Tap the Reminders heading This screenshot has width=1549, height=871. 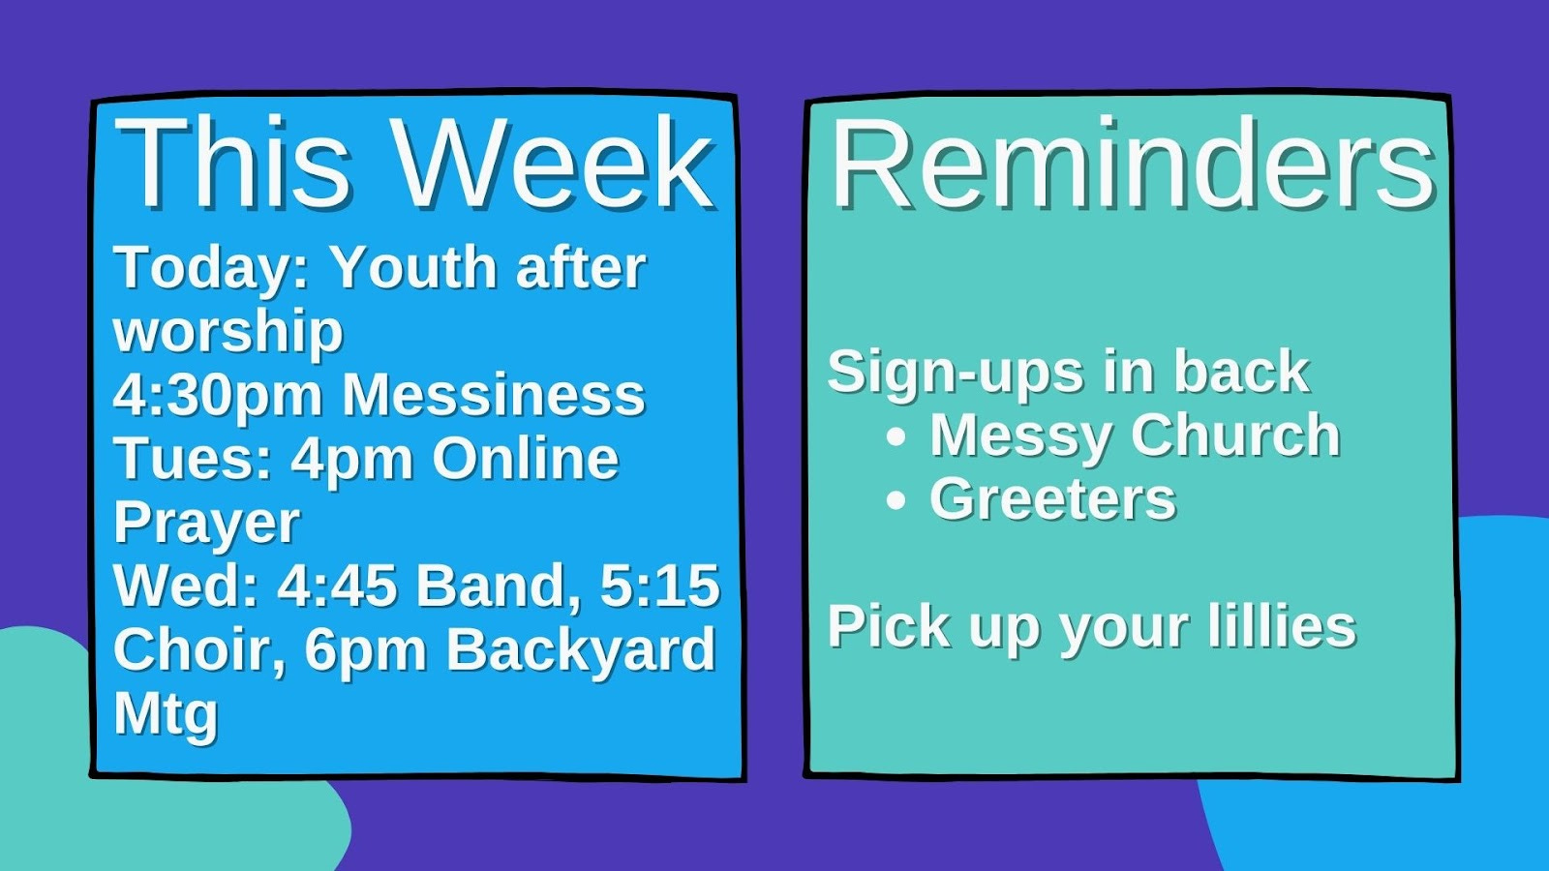(x=1133, y=164)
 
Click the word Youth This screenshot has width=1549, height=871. (x=414, y=267)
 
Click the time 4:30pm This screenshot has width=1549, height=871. (x=218, y=397)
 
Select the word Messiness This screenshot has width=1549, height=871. (x=494, y=395)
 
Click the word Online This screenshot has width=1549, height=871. (x=526, y=459)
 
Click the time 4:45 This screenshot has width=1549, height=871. (x=338, y=586)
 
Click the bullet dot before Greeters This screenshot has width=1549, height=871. (x=896, y=499)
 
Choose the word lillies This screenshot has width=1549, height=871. (x=1282, y=626)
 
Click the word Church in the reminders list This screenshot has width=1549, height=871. (x=1235, y=435)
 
